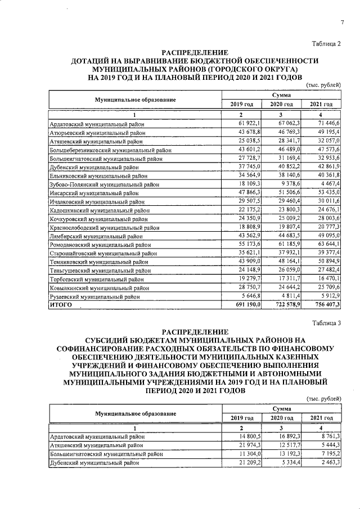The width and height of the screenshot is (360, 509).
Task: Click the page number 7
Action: click(341, 22)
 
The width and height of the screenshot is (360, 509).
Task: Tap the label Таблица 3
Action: click(327, 322)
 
